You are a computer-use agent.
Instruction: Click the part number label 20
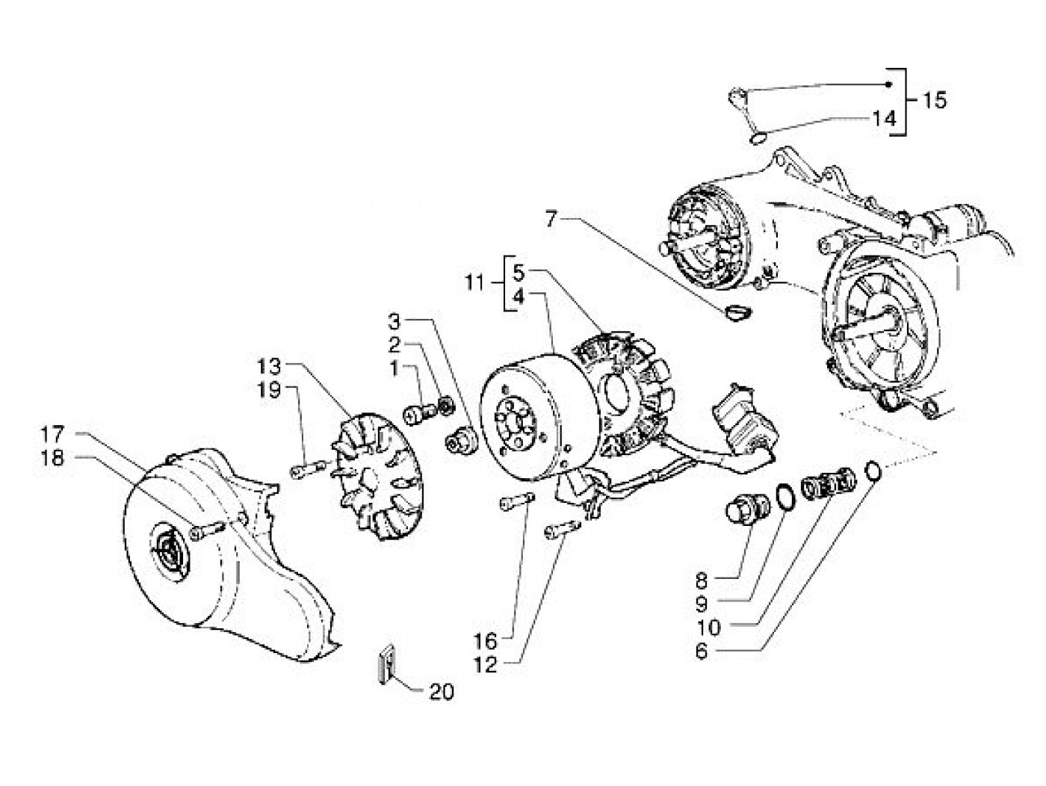click(x=442, y=693)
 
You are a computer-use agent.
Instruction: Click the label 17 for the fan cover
click(x=54, y=433)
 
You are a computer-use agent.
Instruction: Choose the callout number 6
click(x=700, y=651)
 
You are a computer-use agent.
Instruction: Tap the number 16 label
click(x=486, y=640)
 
